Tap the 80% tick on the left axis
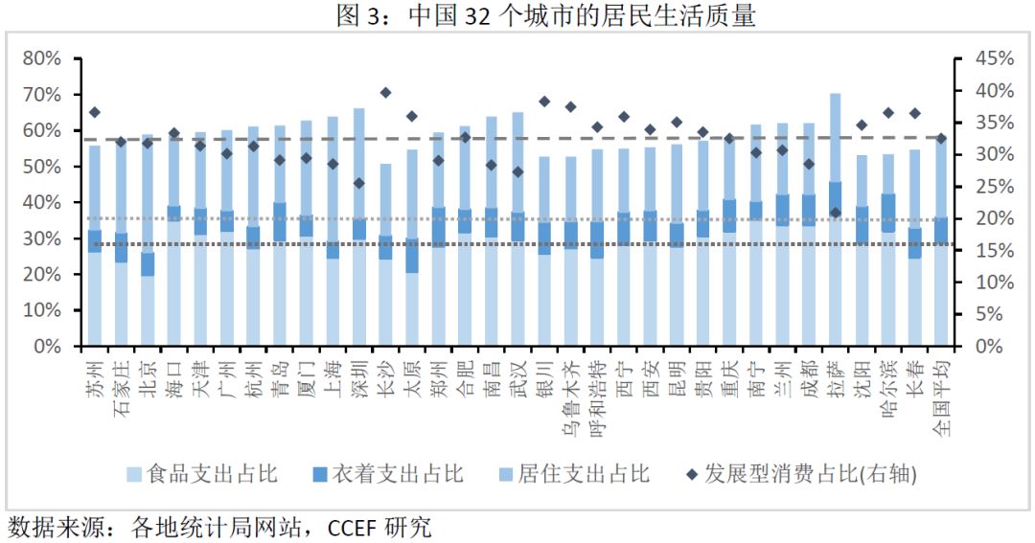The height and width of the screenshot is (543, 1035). click(41, 59)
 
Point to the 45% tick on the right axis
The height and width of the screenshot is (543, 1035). click(994, 59)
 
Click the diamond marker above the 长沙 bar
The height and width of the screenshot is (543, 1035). click(385, 93)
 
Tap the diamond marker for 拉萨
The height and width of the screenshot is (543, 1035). click(836, 213)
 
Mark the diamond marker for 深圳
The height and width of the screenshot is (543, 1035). click(359, 183)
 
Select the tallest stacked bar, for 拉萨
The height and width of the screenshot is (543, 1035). click(836, 220)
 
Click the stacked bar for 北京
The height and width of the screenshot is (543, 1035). click(148, 239)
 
